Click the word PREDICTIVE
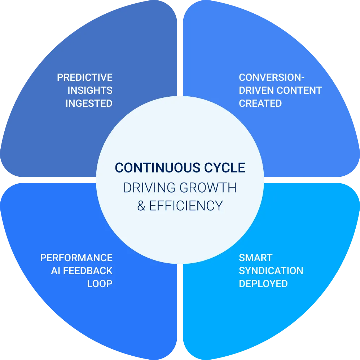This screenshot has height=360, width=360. pos(85,78)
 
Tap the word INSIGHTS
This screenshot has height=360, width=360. pos(90,90)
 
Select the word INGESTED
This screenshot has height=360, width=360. pos(89,103)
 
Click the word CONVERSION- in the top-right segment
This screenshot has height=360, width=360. pos(272,78)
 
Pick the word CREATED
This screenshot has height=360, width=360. pos(260,103)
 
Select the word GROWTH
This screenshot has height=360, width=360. pos(208,188)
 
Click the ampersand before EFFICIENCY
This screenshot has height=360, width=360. pos(141,206)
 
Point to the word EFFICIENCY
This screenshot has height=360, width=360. pos(186,206)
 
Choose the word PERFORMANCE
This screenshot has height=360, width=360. pos(76,258)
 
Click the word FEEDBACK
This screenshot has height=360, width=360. pos(88,271)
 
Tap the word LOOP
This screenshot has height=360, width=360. pos(100,284)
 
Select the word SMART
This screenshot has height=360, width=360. pos(255,258)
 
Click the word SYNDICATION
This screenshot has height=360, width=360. pos(271,271)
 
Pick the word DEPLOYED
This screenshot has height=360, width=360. pos(263,284)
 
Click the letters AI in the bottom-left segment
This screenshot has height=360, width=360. pos(56,271)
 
